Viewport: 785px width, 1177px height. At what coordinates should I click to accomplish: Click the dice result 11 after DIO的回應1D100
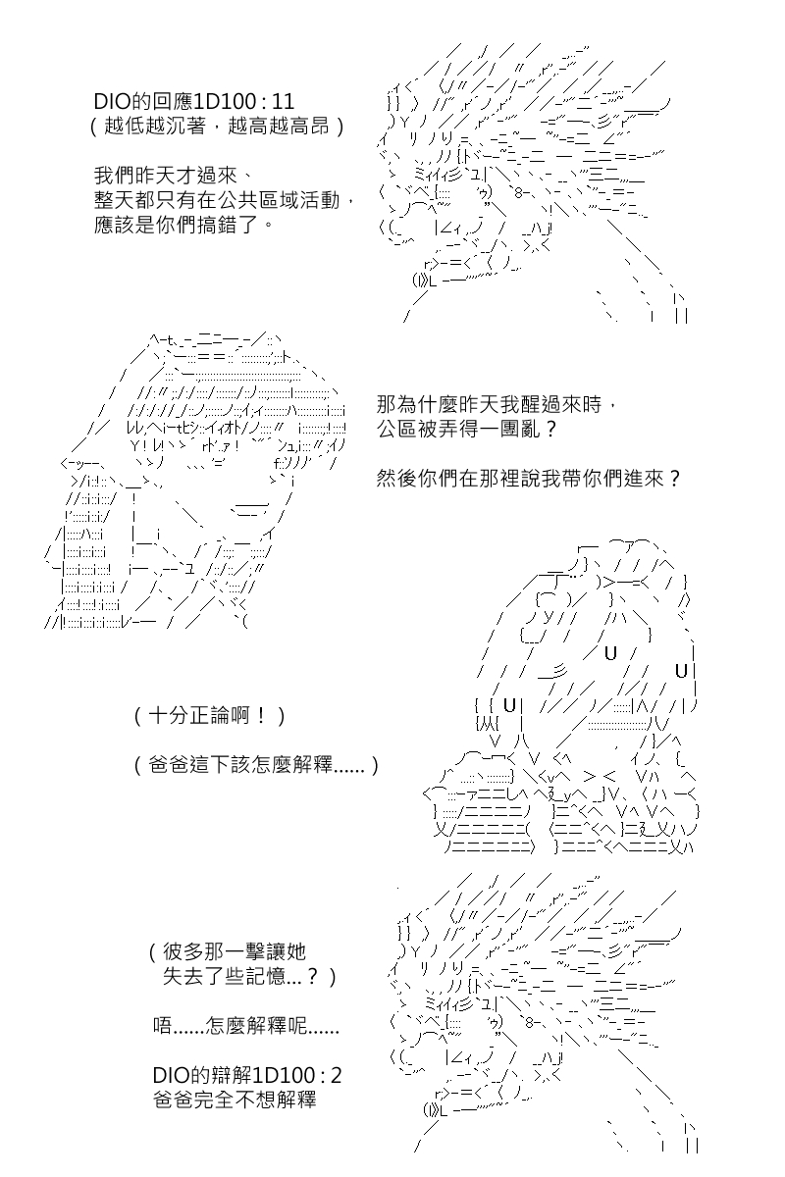[281, 101]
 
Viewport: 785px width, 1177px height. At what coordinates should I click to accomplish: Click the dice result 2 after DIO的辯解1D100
[336, 1075]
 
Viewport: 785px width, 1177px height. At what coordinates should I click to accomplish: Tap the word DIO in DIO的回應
[112, 101]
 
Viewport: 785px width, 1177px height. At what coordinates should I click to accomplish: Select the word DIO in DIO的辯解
[171, 1075]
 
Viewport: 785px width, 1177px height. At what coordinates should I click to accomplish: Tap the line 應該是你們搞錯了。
[184, 225]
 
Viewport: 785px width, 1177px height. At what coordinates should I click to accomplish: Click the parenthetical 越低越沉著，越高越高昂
[217, 127]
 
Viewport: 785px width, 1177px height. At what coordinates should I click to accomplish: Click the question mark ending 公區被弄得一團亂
[549, 430]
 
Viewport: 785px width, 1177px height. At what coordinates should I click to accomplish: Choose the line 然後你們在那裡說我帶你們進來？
[529, 479]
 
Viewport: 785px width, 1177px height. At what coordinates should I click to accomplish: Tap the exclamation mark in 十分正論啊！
[261, 716]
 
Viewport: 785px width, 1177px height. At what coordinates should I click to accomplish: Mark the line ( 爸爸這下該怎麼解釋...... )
[256, 765]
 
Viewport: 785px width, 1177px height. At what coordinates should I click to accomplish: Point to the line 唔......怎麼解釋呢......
[246, 1026]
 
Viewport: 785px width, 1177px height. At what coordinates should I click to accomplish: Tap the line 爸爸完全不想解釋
[235, 1100]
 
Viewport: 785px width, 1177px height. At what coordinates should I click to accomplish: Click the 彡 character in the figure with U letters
[559, 671]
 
